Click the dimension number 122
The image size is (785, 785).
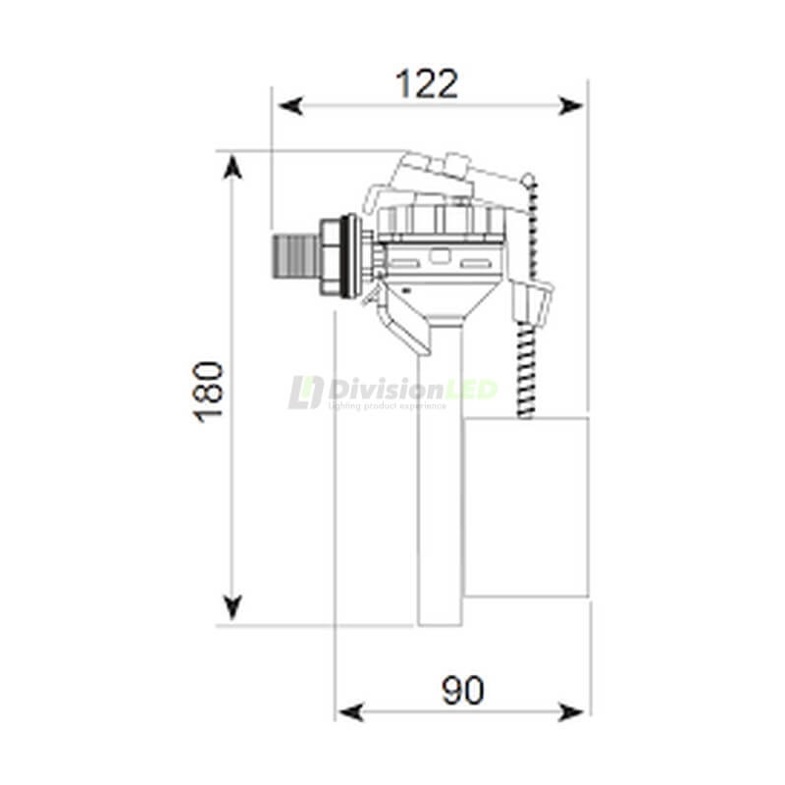point(426,84)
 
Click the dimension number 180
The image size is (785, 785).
point(209,392)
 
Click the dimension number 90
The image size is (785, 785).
point(462,691)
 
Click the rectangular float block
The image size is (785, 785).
point(526,506)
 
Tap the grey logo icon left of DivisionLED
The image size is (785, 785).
point(305,392)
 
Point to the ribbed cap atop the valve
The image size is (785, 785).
point(442,220)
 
